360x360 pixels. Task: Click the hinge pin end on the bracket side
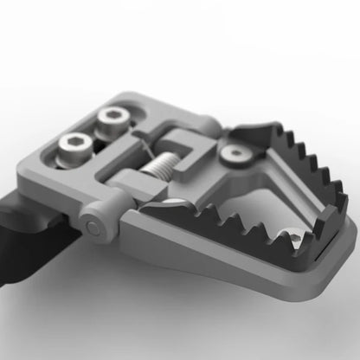point(93,228)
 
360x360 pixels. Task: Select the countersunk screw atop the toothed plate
point(234,154)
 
